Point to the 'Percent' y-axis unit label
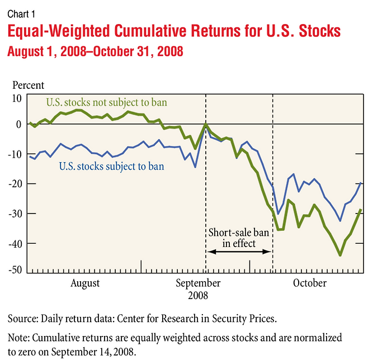click(x=29, y=86)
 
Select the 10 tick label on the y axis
click(x=17, y=98)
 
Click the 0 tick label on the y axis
click(x=19, y=124)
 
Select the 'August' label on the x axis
click(x=85, y=283)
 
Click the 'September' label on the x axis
click(x=198, y=283)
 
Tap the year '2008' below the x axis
click(x=198, y=294)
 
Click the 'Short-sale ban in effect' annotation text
click(x=238, y=238)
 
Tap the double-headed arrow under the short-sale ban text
click(x=239, y=252)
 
